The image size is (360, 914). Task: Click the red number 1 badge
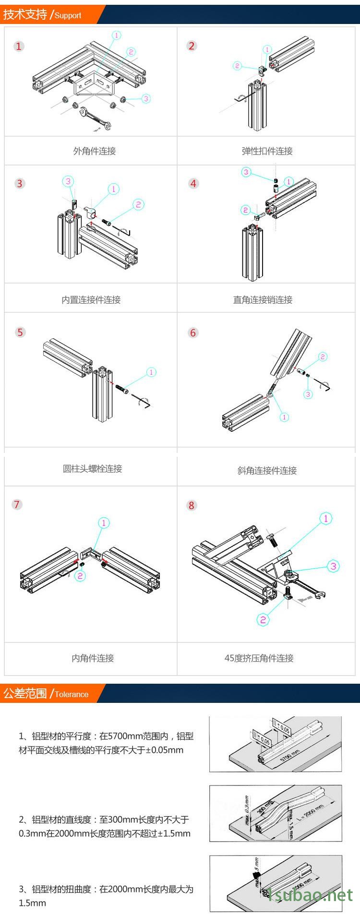19,47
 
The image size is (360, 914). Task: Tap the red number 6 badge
193,332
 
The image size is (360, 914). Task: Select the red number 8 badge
192,505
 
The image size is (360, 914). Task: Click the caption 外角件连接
95,151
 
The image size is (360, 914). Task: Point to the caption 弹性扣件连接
267,151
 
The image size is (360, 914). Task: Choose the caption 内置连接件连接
91,300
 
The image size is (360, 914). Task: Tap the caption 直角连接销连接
263,300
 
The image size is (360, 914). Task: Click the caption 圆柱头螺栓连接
93,468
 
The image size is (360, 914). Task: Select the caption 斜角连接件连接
267,471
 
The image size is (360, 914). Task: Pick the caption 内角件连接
93,658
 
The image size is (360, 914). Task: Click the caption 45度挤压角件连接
259,658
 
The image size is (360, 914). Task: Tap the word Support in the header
68,15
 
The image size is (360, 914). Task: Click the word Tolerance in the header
72,694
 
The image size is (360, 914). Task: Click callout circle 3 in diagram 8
334,566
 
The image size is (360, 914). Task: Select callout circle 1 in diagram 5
151,372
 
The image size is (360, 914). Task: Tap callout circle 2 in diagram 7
81,576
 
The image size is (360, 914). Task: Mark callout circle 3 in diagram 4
246,172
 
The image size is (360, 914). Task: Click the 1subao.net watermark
310,894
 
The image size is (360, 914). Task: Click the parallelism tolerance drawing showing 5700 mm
276,744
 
